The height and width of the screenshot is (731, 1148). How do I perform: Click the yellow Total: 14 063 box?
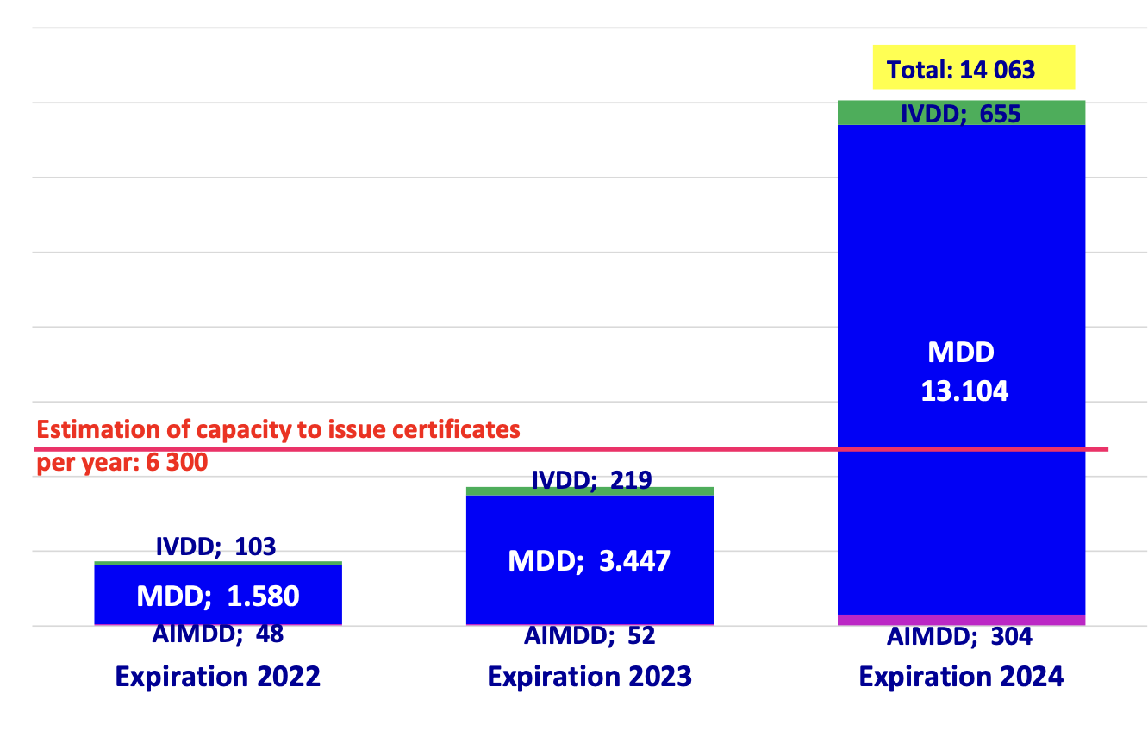[974, 67]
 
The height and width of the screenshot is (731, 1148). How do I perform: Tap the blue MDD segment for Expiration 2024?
[960, 259]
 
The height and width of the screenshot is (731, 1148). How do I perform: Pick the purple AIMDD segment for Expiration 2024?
[960, 620]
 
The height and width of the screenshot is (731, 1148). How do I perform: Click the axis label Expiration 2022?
[217, 677]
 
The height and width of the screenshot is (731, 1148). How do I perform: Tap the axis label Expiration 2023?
[590, 677]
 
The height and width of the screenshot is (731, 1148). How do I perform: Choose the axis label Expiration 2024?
[961, 677]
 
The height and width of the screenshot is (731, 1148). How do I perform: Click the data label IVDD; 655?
[960, 114]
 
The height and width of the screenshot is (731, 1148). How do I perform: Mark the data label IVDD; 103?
[215, 546]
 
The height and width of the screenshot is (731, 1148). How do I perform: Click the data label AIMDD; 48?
[218, 634]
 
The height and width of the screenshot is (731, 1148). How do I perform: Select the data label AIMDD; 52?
[590, 636]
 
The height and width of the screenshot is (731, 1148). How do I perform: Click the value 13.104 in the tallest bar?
[964, 391]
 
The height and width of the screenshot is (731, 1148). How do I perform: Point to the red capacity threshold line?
[689, 449]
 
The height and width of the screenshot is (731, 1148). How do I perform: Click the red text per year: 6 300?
[122, 463]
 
